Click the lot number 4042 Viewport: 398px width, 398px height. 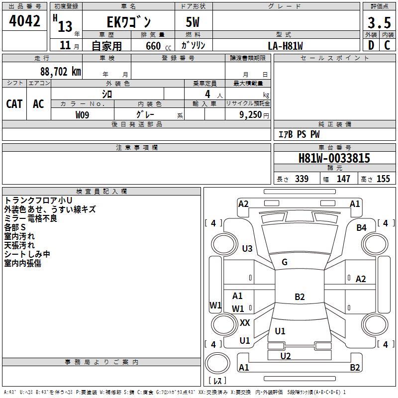(x=25, y=22)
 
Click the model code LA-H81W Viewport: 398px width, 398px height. (x=286, y=46)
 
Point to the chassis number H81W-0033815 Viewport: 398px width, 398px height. (x=334, y=158)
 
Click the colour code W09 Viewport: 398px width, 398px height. (x=82, y=115)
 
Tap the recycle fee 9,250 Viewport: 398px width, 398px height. (x=250, y=115)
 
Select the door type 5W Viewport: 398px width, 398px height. (x=193, y=22)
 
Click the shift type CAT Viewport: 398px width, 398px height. (x=14, y=103)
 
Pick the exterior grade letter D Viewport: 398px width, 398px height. (x=371, y=46)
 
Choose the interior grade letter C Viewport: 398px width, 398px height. (x=387, y=46)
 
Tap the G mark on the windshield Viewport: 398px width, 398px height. (x=285, y=262)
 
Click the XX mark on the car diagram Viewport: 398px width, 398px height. (x=245, y=323)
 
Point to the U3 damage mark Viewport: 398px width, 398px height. (x=247, y=248)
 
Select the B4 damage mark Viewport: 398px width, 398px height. (x=361, y=227)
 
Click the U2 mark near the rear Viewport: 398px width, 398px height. (x=286, y=356)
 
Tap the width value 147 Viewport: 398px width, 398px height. (x=343, y=179)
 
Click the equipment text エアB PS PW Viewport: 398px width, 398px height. (x=298, y=134)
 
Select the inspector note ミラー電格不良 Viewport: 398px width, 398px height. (x=31, y=218)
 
